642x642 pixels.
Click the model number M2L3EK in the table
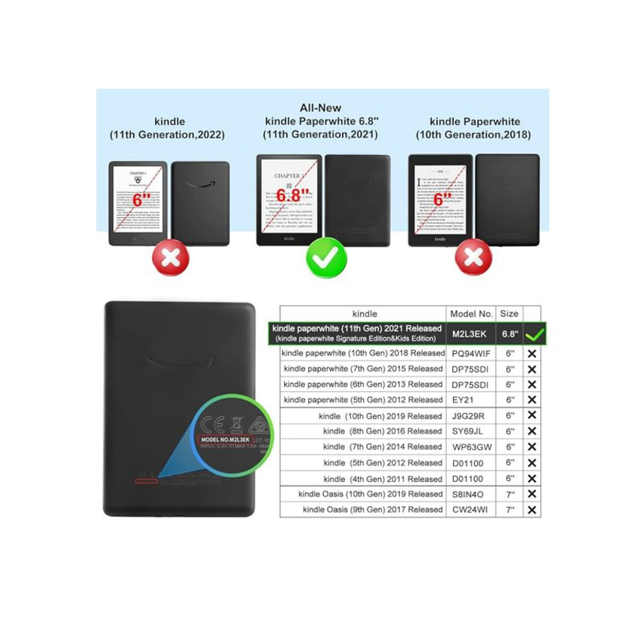click(471, 334)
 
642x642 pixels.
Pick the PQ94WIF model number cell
click(471, 354)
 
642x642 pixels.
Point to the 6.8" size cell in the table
click(510, 334)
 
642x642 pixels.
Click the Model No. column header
click(471, 314)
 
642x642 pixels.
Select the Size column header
click(509, 314)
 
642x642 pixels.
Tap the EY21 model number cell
click(471, 400)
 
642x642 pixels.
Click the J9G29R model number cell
click(471, 416)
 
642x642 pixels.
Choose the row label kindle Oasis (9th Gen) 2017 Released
click(373, 510)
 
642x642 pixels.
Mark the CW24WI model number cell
click(471, 510)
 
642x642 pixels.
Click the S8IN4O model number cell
click(471, 494)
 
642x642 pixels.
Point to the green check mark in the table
click(534, 334)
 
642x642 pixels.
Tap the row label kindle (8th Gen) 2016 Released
click(383, 431)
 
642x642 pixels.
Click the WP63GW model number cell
click(471, 447)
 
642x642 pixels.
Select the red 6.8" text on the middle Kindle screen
click(293, 194)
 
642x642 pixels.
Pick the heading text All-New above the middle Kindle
click(320, 108)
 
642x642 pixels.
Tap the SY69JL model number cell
click(471, 431)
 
